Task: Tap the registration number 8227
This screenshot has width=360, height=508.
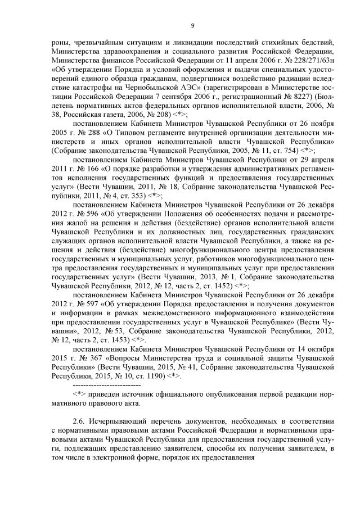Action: tap(276, 96)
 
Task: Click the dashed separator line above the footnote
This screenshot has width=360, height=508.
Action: tap(106, 386)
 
